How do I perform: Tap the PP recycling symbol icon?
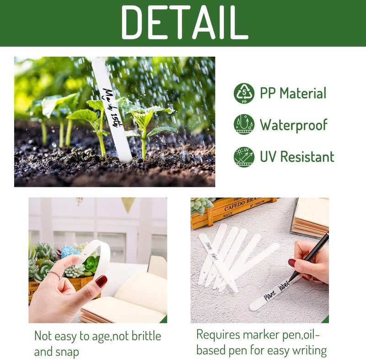(x=244, y=93)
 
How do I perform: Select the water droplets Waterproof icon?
(x=244, y=125)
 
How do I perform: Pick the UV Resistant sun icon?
(x=244, y=157)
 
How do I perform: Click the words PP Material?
(x=293, y=93)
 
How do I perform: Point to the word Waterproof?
(x=294, y=125)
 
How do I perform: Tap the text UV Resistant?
(x=297, y=157)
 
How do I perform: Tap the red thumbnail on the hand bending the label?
(x=101, y=281)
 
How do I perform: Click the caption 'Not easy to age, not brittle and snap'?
(x=97, y=344)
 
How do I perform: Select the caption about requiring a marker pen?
(x=261, y=342)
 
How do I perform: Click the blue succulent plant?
(x=69, y=251)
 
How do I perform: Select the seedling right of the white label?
(x=145, y=124)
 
